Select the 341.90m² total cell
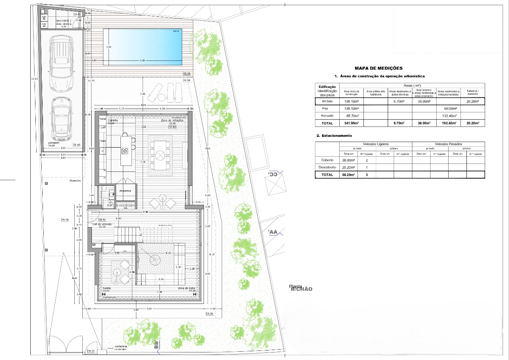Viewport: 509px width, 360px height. coord(351,123)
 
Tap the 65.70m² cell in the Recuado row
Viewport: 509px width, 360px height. coord(351,116)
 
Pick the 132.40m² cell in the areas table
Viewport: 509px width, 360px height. coord(449,116)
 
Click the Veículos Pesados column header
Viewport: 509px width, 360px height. coord(448,144)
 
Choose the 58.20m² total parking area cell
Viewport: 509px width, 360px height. coord(348,175)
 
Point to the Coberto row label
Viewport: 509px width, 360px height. coord(327,160)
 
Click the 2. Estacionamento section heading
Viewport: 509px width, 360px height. coord(334,136)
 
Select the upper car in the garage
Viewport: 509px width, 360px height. coord(62,64)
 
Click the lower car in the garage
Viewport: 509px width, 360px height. coord(61,118)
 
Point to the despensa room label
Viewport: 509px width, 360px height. coord(125,191)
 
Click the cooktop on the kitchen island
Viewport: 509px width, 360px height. coord(125,151)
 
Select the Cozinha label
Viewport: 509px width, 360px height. coord(113,120)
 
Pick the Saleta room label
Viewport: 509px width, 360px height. coord(107,288)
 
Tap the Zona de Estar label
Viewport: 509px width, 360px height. coord(186,288)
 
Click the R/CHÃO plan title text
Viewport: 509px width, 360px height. coord(301,289)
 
